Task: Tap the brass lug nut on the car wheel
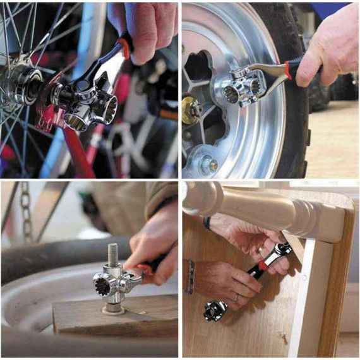click(x=191, y=110)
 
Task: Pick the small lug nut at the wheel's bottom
click(x=208, y=166)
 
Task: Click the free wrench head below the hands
click(x=215, y=309)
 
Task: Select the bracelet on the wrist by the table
click(x=191, y=277)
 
